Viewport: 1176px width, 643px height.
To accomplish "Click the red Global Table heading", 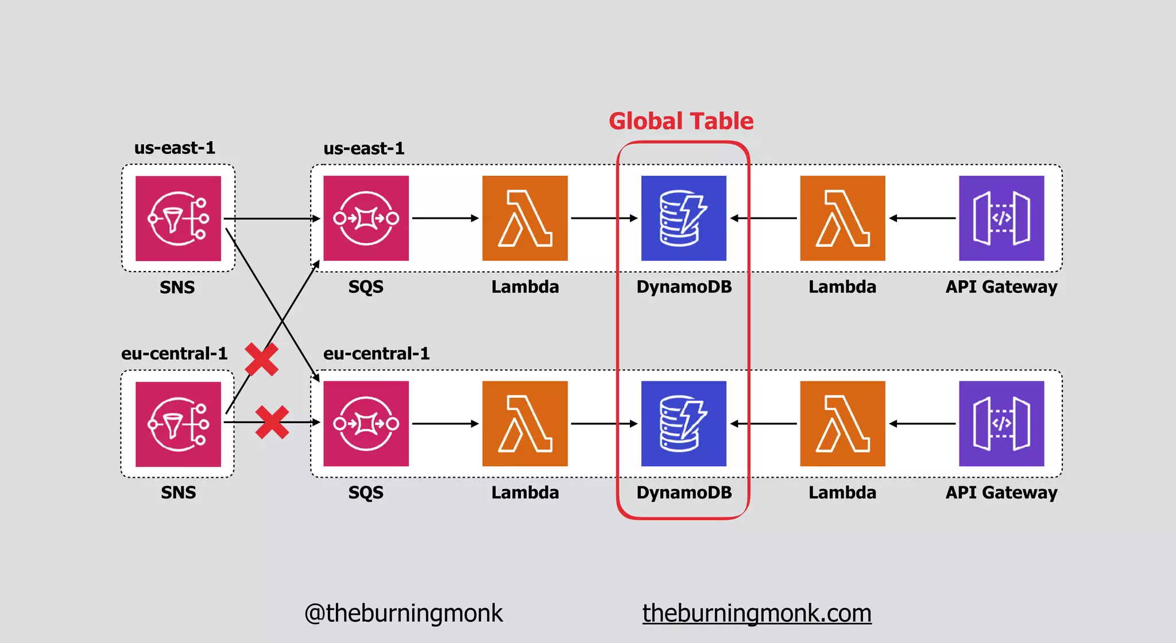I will [x=681, y=121].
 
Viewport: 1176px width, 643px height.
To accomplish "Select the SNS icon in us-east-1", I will [x=178, y=218].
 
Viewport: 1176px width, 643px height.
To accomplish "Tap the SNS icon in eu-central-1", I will [x=178, y=424].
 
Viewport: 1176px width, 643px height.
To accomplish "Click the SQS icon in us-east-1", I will [x=366, y=218].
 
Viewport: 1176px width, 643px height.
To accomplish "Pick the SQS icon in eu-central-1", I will [x=366, y=424].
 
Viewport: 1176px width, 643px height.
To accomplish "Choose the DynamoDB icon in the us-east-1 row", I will [x=683, y=218].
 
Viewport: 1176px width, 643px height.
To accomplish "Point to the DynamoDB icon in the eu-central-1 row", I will [x=683, y=424].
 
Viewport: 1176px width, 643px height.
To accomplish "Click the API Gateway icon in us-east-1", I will [x=1001, y=218].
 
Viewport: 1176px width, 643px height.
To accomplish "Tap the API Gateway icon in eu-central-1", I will [x=1001, y=424].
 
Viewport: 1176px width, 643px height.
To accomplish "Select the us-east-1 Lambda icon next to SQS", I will [x=525, y=218].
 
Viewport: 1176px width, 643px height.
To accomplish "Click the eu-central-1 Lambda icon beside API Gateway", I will [x=842, y=424].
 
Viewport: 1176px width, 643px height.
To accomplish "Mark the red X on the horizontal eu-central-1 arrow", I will [x=272, y=423].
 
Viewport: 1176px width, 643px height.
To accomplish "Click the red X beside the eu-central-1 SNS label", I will [x=262, y=359].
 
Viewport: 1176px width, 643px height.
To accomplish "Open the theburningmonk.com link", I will [x=757, y=613].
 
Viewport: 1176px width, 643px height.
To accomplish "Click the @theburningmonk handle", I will [x=403, y=613].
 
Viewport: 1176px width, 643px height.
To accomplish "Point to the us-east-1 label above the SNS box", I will [x=175, y=148].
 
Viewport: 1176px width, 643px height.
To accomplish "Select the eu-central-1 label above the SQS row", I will [x=376, y=353].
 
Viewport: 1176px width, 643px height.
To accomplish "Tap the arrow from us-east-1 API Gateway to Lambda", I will [x=922, y=218].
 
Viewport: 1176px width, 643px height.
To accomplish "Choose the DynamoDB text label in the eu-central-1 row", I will [x=684, y=493].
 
